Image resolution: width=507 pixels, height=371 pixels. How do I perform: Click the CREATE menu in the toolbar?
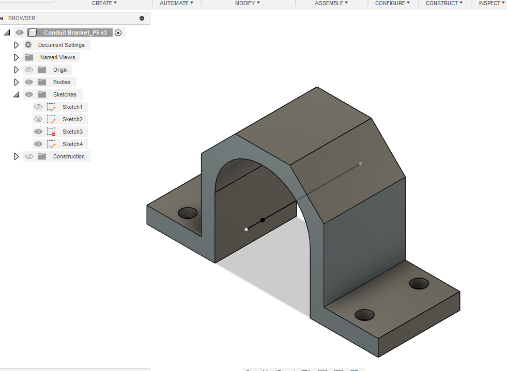[104, 3]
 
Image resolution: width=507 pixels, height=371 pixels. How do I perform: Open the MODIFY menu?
[247, 3]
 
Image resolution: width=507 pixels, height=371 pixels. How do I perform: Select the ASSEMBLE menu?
[331, 3]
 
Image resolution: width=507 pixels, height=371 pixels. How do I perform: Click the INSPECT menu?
[491, 3]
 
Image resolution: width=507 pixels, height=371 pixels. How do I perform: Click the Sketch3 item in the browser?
[72, 132]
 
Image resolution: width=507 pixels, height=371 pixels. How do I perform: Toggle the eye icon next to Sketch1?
[38, 107]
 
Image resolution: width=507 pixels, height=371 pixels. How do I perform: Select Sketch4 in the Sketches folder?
[72, 144]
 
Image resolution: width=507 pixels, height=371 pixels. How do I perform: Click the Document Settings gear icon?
[28, 45]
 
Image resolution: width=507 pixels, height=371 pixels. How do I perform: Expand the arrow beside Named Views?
[16, 57]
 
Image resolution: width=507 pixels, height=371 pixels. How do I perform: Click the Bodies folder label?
[62, 82]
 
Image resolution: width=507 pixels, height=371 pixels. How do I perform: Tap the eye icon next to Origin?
[29, 70]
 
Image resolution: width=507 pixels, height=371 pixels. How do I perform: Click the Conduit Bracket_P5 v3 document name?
[75, 33]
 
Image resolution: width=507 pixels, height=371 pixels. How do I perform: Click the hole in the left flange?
[188, 213]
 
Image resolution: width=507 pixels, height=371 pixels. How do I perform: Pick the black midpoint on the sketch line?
[263, 220]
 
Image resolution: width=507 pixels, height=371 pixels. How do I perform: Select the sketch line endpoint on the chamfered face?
[360, 164]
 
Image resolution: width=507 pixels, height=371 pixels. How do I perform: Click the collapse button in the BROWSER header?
[142, 18]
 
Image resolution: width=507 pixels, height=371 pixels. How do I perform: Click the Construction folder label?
[69, 156]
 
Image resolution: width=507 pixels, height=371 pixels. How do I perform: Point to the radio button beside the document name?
[118, 33]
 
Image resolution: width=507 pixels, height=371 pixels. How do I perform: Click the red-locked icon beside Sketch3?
[51, 132]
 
